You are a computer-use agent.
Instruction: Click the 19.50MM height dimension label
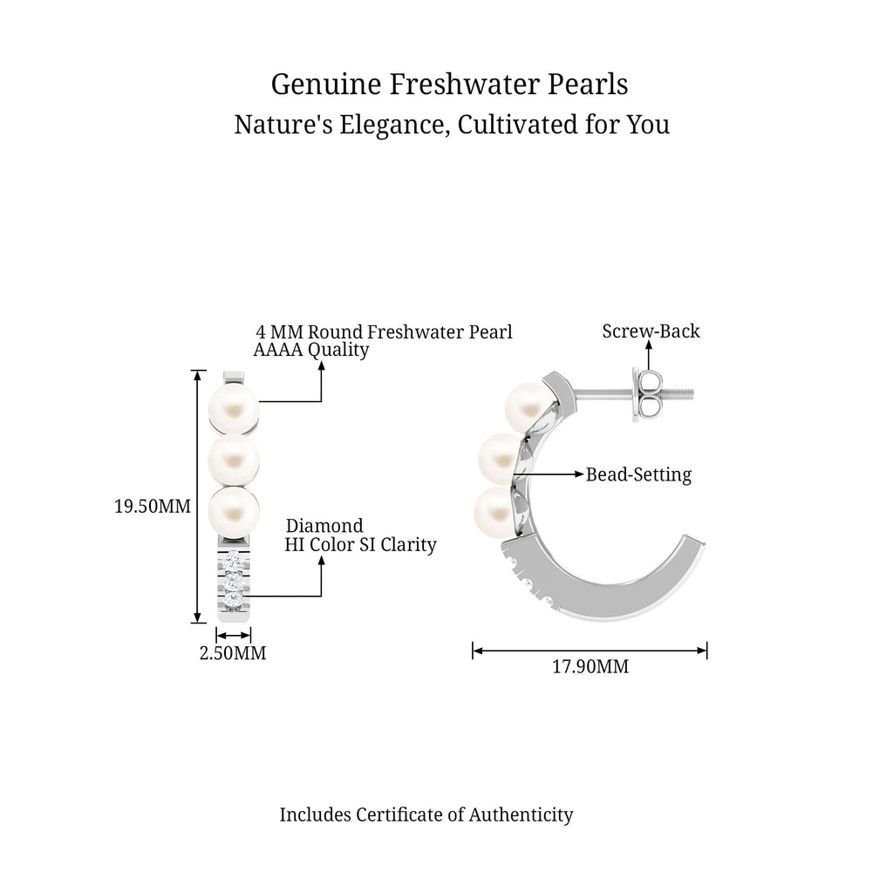pyautogui.click(x=153, y=506)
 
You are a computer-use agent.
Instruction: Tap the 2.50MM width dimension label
pyautogui.click(x=233, y=652)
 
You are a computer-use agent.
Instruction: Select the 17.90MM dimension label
pyautogui.click(x=590, y=666)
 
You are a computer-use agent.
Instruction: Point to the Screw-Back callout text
pyautogui.click(x=651, y=331)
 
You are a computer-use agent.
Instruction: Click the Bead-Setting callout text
pyautogui.click(x=639, y=474)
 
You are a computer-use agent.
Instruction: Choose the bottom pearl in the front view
pyautogui.click(x=234, y=511)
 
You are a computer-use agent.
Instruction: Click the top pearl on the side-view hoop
pyautogui.click(x=528, y=408)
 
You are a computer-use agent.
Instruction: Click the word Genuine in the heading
pyautogui.click(x=326, y=85)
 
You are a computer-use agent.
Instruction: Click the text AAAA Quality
pyautogui.click(x=311, y=350)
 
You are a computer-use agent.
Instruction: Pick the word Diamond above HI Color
pyautogui.click(x=324, y=526)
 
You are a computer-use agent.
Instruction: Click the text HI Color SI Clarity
pyautogui.click(x=360, y=544)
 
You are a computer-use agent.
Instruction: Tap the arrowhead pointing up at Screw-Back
pyautogui.click(x=649, y=345)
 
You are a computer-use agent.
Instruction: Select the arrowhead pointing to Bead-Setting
pyautogui.click(x=580, y=474)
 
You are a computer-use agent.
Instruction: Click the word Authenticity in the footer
pyautogui.click(x=521, y=815)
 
